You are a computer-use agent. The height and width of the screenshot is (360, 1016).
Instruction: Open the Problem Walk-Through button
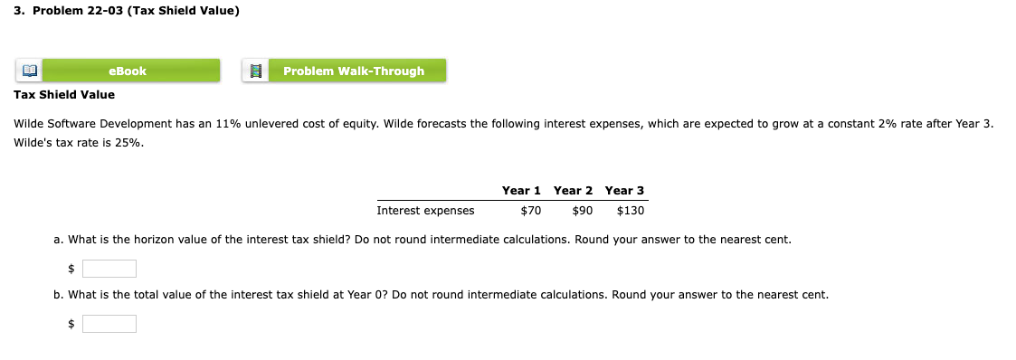click(354, 71)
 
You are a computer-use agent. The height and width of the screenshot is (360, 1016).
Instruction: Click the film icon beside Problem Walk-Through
click(254, 71)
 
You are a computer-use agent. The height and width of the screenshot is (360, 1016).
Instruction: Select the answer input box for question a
click(109, 269)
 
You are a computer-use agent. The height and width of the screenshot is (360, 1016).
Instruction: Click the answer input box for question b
click(109, 324)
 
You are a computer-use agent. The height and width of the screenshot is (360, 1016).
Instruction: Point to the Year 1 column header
click(521, 190)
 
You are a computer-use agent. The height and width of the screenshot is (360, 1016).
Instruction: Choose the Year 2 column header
click(573, 190)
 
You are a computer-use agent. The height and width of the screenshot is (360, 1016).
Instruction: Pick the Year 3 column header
click(624, 190)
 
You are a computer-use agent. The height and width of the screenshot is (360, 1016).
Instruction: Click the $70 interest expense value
click(530, 211)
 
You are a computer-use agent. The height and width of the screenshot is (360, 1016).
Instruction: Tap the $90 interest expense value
click(582, 211)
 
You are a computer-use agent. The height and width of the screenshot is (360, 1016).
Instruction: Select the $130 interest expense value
click(630, 211)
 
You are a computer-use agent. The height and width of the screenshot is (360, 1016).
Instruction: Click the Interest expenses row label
click(425, 211)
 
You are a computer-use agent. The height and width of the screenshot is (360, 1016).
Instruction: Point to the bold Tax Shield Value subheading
click(65, 94)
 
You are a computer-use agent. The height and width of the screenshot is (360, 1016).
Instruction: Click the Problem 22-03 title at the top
click(126, 11)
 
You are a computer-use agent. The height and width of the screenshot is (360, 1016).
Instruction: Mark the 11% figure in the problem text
click(228, 123)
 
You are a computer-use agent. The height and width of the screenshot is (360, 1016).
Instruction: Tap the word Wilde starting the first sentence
click(33, 123)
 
